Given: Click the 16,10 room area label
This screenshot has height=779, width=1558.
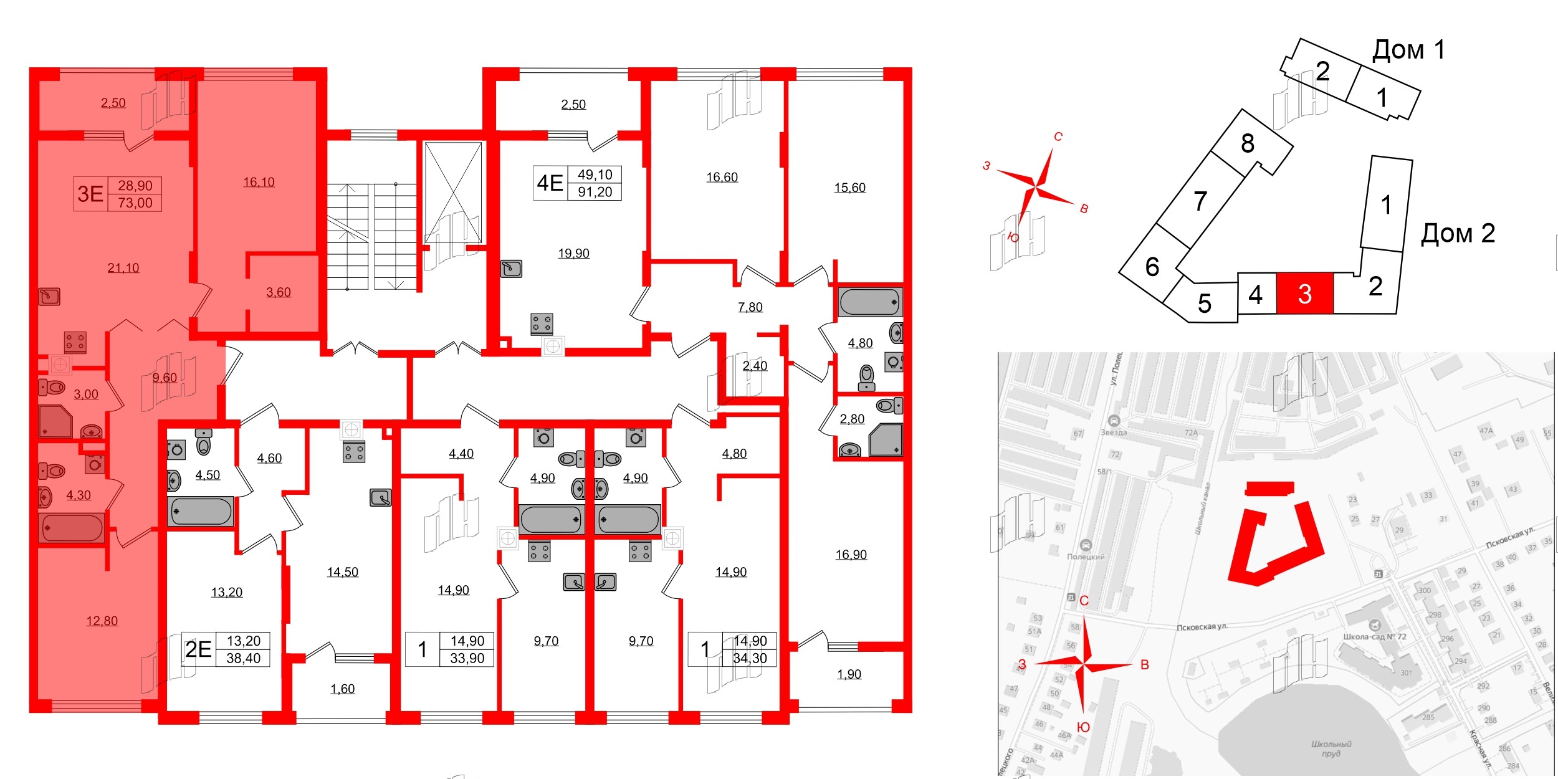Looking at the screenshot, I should pyautogui.click(x=259, y=182).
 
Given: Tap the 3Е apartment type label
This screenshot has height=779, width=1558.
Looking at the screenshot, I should pyautogui.click(x=90, y=194).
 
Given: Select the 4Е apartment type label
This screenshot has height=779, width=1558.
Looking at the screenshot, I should pyautogui.click(x=550, y=183).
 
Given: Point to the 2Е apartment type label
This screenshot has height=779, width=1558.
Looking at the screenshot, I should pyautogui.click(x=199, y=649).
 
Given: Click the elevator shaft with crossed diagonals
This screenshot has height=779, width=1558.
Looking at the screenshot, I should pyautogui.click(x=453, y=193).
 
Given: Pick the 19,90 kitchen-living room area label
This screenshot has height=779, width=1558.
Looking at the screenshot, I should pyautogui.click(x=573, y=253).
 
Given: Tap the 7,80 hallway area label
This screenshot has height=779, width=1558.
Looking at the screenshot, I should pyautogui.click(x=750, y=307).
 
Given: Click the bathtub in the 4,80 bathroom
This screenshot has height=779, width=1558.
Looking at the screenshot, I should pyautogui.click(x=869, y=302).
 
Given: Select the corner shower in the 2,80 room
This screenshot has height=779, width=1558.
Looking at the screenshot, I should pyautogui.click(x=886, y=440).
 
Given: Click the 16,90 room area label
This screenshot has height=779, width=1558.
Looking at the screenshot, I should pyautogui.click(x=851, y=555).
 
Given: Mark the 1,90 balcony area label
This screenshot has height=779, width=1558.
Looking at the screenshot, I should pyautogui.click(x=849, y=674).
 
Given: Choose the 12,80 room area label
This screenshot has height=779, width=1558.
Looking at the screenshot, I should pyautogui.click(x=102, y=621).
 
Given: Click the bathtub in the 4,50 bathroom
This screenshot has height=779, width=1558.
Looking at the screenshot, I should pyautogui.click(x=201, y=512).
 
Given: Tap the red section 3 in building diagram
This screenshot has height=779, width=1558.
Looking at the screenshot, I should pyautogui.click(x=1305, y=294).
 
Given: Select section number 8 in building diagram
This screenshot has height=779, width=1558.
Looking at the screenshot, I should pyautogui.click(x=1248, y=143).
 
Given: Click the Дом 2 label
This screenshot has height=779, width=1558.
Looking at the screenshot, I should pyautogui.click(x=1458, y=234).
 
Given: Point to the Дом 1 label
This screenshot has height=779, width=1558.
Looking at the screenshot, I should pyautogui.click(x=1408, y=50).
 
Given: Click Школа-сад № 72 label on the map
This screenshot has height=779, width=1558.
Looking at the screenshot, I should pyautogui.click(x=1375, y=637).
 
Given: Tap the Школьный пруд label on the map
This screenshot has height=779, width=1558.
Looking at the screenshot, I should pyautogui.click(x=1331, y=748).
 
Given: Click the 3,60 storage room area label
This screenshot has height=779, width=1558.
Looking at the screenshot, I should pyautogui.click(x=279, y=292).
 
